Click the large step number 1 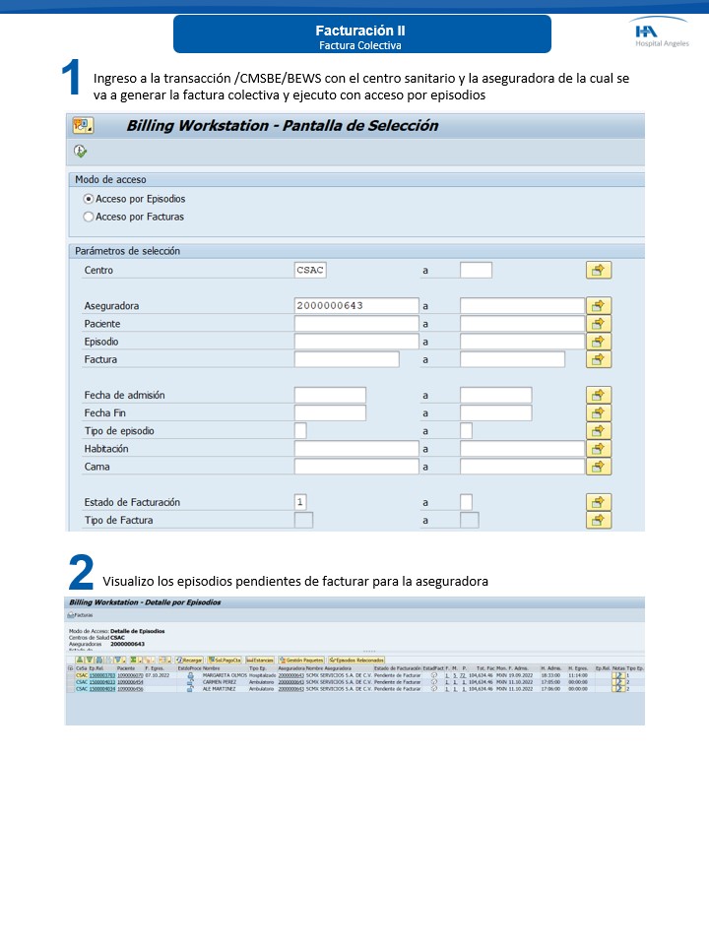[x=71, y=78]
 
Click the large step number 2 [x=81, y=574]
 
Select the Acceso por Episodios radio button [x=89, y=199]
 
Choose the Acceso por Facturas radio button [x=89, y=217]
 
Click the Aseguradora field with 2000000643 [x=355, y=306]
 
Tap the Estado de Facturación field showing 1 [x=300, y=502]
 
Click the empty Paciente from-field [x=355, y=324]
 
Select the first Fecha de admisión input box [x=329, y=395]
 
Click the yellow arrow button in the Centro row [x=598, y=270]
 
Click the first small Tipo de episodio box [x=300, y=431]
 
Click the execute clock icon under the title [x=80, y=152]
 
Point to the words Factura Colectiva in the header [x=359, y=45]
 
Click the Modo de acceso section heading [x=111, y=179]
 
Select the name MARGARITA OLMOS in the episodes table [x=225, y=675]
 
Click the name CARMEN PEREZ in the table [x=221, y=682]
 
